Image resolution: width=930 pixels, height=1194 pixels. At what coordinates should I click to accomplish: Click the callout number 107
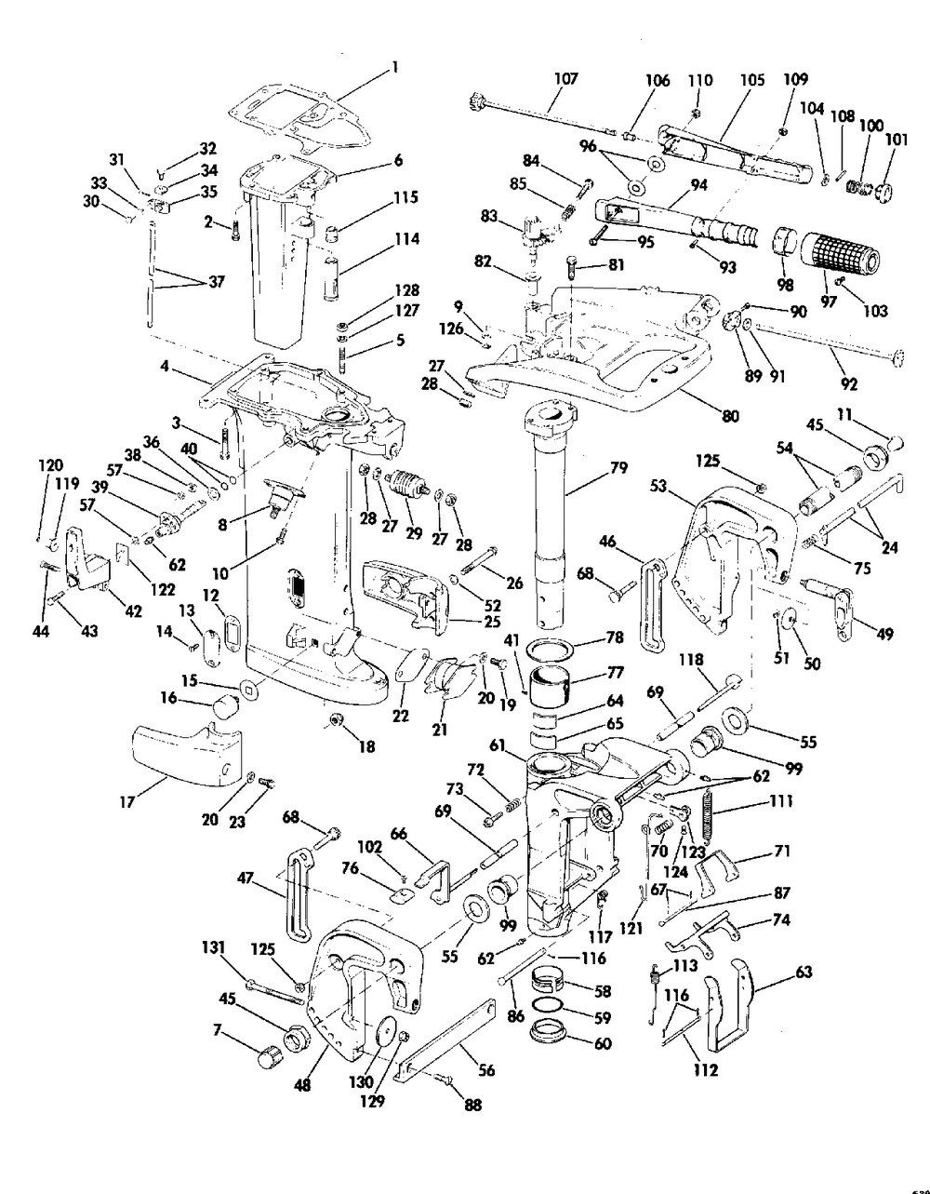pyautogui.click(x=565, y=79)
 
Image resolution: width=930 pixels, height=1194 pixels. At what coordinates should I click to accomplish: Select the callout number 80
pyautogui.click(x=730, y=416)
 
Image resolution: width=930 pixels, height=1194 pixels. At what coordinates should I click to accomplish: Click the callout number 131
pyautogui.click(x=214, y=946)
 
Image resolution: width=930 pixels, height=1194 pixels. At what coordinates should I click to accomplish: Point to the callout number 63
pyautogui.click(x=804, y=973)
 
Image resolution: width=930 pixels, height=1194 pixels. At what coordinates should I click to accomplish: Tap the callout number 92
pyautogui.click(x=848, y=383)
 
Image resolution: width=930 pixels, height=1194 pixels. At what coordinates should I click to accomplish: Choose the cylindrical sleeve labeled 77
pyautogui.click(x=557, y=690)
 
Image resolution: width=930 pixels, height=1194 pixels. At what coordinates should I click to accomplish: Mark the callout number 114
pyautogui.click(x=405, y=239)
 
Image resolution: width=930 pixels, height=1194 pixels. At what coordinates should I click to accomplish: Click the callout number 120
pyautogui.click(x=50, y=463)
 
